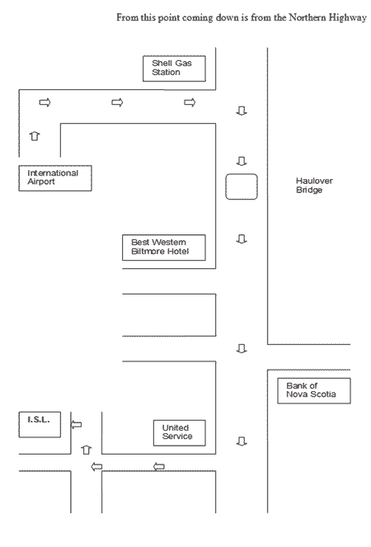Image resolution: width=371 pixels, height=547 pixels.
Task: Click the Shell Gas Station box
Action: tap(174, 68)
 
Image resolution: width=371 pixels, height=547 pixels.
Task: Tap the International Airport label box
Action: tap(55, 178)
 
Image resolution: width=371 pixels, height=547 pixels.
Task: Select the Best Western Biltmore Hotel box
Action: tap(164, 248)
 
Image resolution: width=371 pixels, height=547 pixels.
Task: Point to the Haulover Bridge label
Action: tap(314, 186)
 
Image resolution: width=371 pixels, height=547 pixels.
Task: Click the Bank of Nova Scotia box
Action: tap(314, 391)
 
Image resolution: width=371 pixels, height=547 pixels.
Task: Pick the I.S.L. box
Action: tap(40, 424)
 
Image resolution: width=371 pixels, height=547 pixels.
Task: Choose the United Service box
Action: tap(179, 433)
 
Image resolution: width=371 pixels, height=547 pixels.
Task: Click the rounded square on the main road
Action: tap(242, 186)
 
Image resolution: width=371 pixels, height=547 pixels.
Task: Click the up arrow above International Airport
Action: tap(34, 135)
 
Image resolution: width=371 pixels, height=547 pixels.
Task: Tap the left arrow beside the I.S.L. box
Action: tap(77, 425)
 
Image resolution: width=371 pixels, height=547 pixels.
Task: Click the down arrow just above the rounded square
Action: tap(242, 161)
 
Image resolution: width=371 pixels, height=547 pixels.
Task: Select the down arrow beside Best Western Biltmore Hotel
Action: tap(242, 239)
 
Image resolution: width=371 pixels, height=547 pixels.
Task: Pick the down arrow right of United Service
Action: tap(242, 441)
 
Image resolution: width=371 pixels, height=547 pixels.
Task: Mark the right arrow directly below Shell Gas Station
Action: tap(190, 102)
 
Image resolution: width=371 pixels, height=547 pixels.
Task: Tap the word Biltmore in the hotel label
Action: tap(146, 251)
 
